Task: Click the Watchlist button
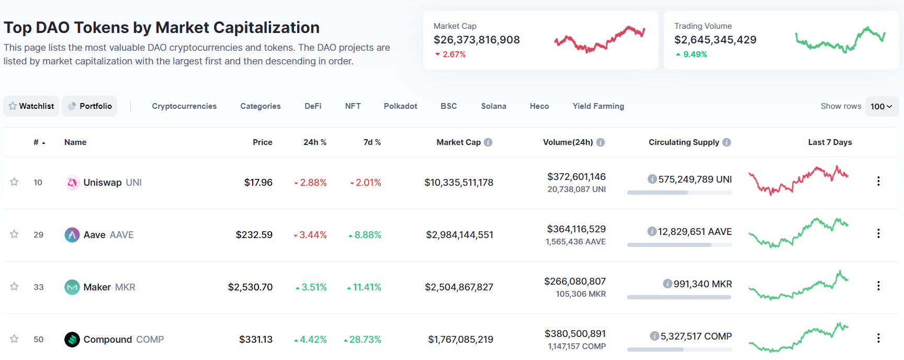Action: (x=31, y=106)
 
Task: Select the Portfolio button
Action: (x=89, y=106)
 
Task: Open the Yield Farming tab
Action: (x=598, y=106)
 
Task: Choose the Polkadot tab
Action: (x=400, y=106)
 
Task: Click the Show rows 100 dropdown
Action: (x=882, y=106)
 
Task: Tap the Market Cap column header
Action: (x=458, y=142)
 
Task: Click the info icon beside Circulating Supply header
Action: (x=727, y=142)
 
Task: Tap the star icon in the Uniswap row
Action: (x=14, y=182)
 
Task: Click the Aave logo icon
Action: (x=72, y=235)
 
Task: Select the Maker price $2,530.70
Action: (x=250, y=287)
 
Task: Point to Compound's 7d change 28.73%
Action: (x=365, y=340)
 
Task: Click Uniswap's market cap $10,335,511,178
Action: (x=459, y=183)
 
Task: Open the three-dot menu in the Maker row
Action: (x=878, y=286)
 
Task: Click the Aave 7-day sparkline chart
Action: (x=798, y=233)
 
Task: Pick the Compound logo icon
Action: (x=72, y=340)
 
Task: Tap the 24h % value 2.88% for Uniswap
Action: (x=313, y=183)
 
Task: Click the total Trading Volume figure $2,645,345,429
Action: (x=715, y=40)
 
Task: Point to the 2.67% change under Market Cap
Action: (x=454, y=54)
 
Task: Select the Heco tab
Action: (x=539, y=106)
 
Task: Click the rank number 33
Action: (x=39, y=287)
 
